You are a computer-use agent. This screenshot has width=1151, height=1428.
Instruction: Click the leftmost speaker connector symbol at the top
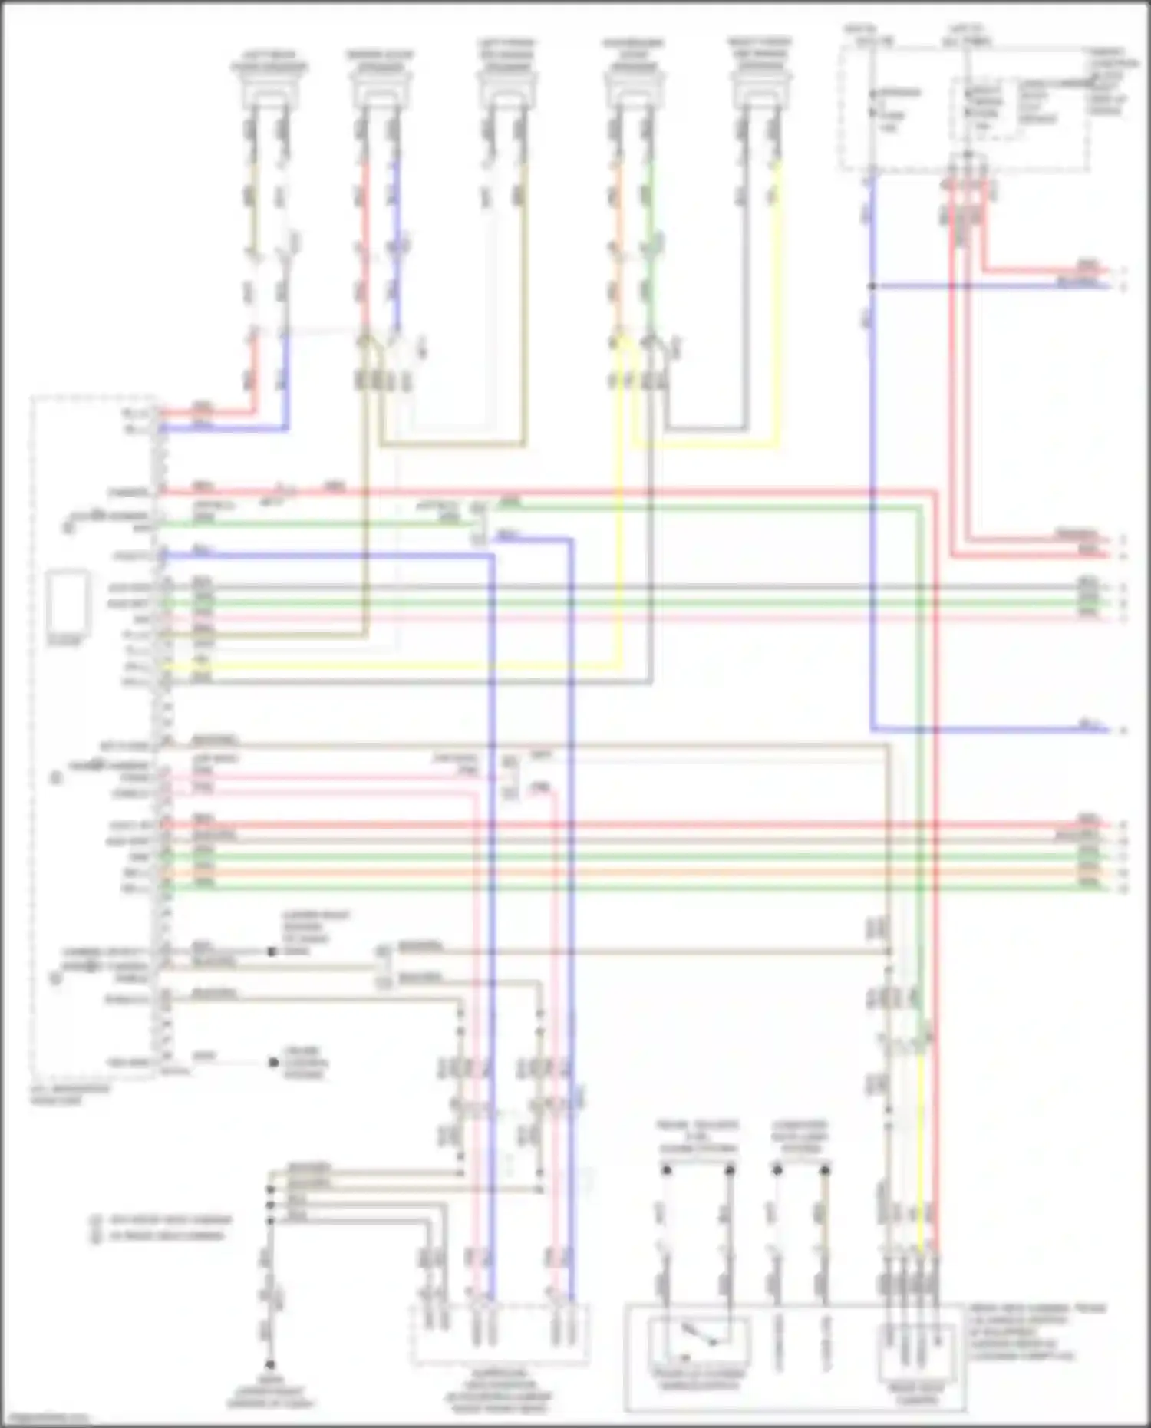269,97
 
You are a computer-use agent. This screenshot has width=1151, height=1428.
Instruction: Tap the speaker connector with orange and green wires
634,97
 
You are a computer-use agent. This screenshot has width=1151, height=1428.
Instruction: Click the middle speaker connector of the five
505,97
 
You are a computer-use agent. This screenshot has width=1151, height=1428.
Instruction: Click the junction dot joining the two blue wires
872,286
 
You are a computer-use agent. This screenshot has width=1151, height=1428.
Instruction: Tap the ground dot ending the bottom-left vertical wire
270,1364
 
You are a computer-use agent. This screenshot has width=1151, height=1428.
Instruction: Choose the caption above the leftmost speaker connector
269,61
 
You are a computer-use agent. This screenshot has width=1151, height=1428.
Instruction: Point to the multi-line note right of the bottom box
1036,1331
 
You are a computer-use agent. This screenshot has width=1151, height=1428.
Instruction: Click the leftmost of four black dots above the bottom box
667,1170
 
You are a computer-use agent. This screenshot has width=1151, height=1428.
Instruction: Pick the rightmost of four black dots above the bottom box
825,1170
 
